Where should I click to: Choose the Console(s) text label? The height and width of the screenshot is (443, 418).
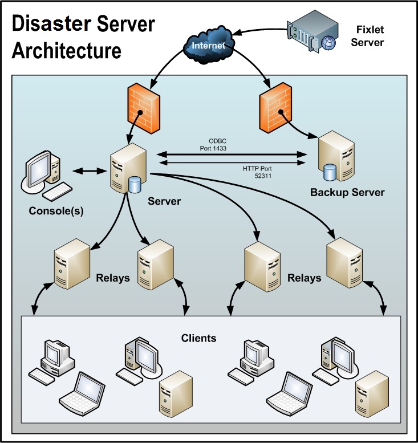click(56, 211)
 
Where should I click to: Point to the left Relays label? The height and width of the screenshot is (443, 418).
click(112, 278)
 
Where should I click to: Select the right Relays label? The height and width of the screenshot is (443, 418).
click(303, 278)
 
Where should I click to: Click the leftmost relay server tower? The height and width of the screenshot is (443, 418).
click(72, 263)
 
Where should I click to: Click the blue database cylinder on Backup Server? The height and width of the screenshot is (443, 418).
click(329, 172)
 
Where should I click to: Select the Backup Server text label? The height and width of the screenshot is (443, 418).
click(347, 192)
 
